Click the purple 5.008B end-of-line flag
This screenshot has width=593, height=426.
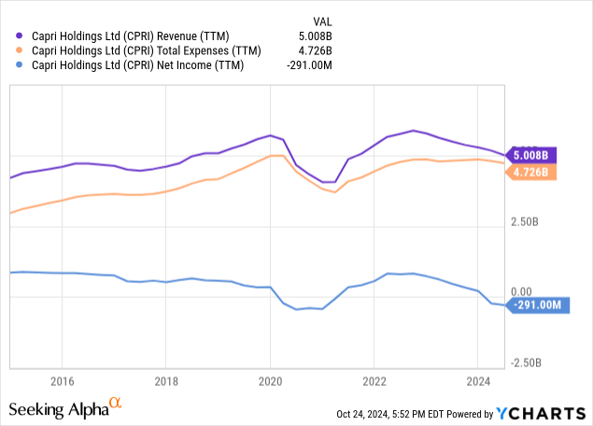click(529, 155)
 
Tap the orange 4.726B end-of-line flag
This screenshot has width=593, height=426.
click(529, 172)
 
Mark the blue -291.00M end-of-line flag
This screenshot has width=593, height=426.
click(537, 305)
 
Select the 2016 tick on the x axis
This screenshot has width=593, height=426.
click(62, 381)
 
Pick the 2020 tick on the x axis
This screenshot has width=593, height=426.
click(270, 381)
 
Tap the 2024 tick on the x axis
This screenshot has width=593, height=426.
click(477, 381)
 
